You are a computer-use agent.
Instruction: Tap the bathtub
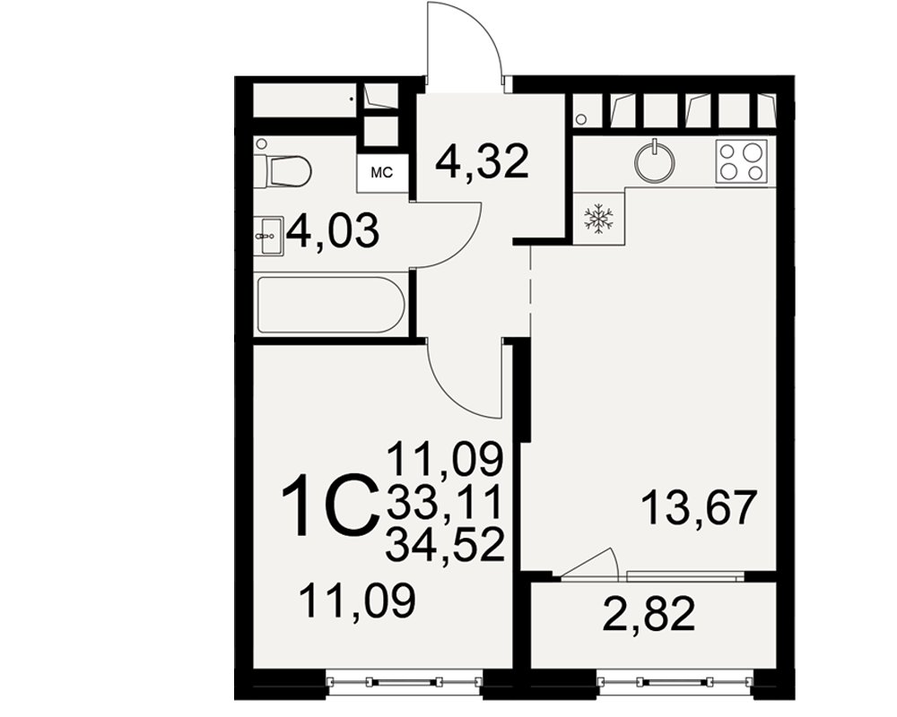click(x=331, y=305)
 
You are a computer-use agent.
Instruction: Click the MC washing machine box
click(x=382, y=173)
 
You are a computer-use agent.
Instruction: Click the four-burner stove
click(x=742, y=161)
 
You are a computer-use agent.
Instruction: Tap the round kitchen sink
click(x=654, y=162)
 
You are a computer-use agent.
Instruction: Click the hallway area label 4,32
click(x=481, y=162)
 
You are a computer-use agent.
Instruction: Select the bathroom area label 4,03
click(x=333, y=230)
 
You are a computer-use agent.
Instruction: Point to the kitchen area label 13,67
click(x=699, y=507)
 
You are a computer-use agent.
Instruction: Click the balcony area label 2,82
click(x=649, y=613)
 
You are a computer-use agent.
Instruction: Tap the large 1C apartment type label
click(x=330, y=505)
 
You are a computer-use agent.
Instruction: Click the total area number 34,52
click(x=445, y=544)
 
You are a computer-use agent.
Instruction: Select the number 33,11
click(x=444, y=501)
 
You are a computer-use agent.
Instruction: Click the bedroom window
click(x=405, y=681)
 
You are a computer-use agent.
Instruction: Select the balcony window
click(x=675, y=681)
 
